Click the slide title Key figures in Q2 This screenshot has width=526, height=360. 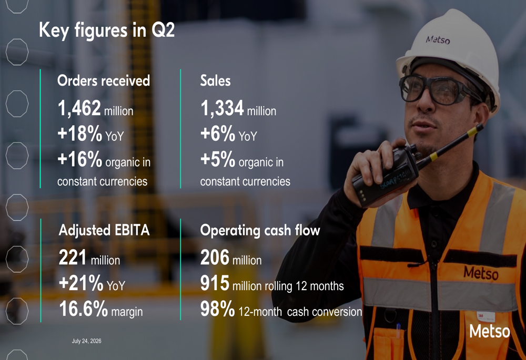tap(107, 30)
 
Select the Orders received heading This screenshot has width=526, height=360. tap(104, 81)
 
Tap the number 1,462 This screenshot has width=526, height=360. tap(79, 108)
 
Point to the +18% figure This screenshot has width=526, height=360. tap(80, 133)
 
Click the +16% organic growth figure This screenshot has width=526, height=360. tap(80, 159)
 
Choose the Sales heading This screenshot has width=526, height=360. tap(215, 81)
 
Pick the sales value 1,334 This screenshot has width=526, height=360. tap(222, 108)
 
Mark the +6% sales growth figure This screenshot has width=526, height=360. tap(218, 133)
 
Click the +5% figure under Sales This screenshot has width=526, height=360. tap(218, 159)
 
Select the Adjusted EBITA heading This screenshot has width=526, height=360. tap(104, 230)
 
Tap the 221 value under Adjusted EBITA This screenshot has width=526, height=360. tap(73, 258)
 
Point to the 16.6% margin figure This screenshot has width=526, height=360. tap(84, 308)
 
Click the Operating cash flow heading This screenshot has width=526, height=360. tap(260, 230)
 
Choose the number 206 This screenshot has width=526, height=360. tap(215, 258)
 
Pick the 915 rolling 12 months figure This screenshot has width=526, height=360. tap(215, 283)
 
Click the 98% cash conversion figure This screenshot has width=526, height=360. tap(217, 308)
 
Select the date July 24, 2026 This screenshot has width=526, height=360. tap(87, 341)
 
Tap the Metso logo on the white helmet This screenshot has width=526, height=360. tap(438, 40)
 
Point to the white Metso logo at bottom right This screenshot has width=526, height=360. tap(489, 331)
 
